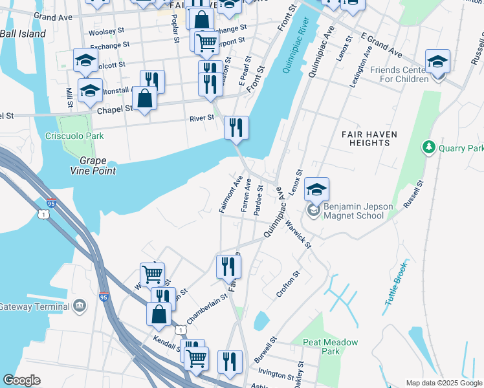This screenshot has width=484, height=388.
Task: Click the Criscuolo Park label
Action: tap(74, 136)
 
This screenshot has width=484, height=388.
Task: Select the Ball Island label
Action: tap(23, 34)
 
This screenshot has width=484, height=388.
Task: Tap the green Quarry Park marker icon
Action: tap(428, 148)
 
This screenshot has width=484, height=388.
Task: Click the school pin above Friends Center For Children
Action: tap(438, 61)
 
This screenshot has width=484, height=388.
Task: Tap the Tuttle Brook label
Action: tap(395, 284)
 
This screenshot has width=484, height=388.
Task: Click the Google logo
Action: tap(21, 380)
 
